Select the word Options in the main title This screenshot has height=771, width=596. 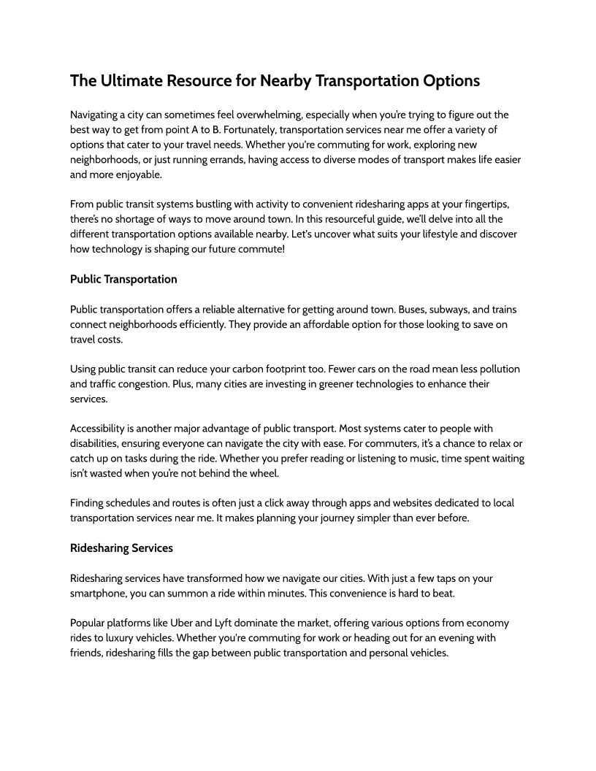click(451, 80)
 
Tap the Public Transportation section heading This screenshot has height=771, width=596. click(123, 279)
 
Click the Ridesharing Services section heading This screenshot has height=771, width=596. click(121, 547)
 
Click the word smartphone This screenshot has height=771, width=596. click(99, 593)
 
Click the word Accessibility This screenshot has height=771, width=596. click(101, 428)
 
